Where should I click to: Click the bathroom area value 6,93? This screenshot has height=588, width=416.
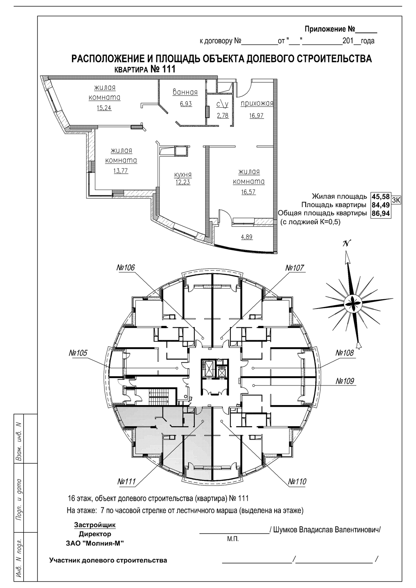pos(186,104)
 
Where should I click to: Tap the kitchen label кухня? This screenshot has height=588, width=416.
pos(183,175)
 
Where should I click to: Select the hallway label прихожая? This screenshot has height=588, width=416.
pos(257,103)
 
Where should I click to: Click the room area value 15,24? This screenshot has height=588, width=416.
pos(104,108)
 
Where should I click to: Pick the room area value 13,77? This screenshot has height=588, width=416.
pos(121,170)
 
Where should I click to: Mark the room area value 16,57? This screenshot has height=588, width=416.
pos(248,192)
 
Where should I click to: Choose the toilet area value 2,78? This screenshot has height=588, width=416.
pos(223,115)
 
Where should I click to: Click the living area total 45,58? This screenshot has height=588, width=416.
pos(380,196)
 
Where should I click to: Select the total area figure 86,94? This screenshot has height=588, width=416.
pos(380,213)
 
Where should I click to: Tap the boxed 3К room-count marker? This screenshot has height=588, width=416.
pos(396,200)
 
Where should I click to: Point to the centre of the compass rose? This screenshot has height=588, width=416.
pos(353,304)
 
